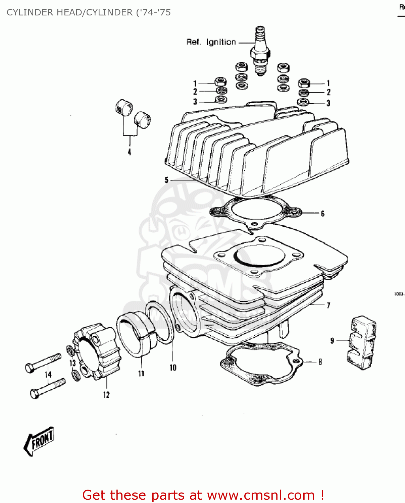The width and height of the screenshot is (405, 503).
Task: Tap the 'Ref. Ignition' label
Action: point(211,42)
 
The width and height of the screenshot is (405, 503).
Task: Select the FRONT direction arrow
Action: point(39,441)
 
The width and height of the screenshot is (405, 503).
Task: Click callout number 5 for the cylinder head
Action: point(166,180)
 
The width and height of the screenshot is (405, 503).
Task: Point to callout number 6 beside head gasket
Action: point(322,214)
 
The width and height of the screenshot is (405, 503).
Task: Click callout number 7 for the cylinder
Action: point(328,305)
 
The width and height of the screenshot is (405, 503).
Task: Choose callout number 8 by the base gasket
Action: point(320,362)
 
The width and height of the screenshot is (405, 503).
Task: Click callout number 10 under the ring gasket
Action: point(173,368)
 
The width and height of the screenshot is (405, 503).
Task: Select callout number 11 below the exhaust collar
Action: point(141,373)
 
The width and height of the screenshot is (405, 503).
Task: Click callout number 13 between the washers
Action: point(72,363)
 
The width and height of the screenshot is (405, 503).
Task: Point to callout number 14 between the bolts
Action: point(48,374)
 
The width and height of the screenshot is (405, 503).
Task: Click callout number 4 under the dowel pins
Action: point(129,152)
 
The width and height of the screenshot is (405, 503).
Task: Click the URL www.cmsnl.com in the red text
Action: point(261,495)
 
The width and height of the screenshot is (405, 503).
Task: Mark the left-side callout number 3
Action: point(195,101)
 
